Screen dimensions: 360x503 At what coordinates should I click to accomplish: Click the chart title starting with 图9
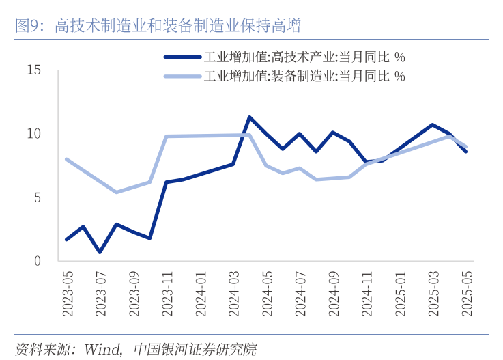click(x=158, y=27)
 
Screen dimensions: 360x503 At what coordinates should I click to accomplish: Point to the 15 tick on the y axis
click(x=34, y=70)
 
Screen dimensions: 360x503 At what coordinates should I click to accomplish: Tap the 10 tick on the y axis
click(x=34, y=134)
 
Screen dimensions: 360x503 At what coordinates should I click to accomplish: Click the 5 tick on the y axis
click(x=38, y=197)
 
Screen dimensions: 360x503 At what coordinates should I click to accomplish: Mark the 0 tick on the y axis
click(x=38, y=261)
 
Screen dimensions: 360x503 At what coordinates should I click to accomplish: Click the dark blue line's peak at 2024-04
click(x=250, y=117)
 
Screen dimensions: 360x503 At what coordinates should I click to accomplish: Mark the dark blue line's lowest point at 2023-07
click(x=100, y=252)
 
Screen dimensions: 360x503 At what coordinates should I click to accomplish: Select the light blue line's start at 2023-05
click(x=66, y=159)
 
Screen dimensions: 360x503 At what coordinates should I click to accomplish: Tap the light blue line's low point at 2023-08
click(x=116, y=192)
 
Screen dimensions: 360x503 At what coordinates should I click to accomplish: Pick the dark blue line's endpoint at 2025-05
click(x=466, y=152)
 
